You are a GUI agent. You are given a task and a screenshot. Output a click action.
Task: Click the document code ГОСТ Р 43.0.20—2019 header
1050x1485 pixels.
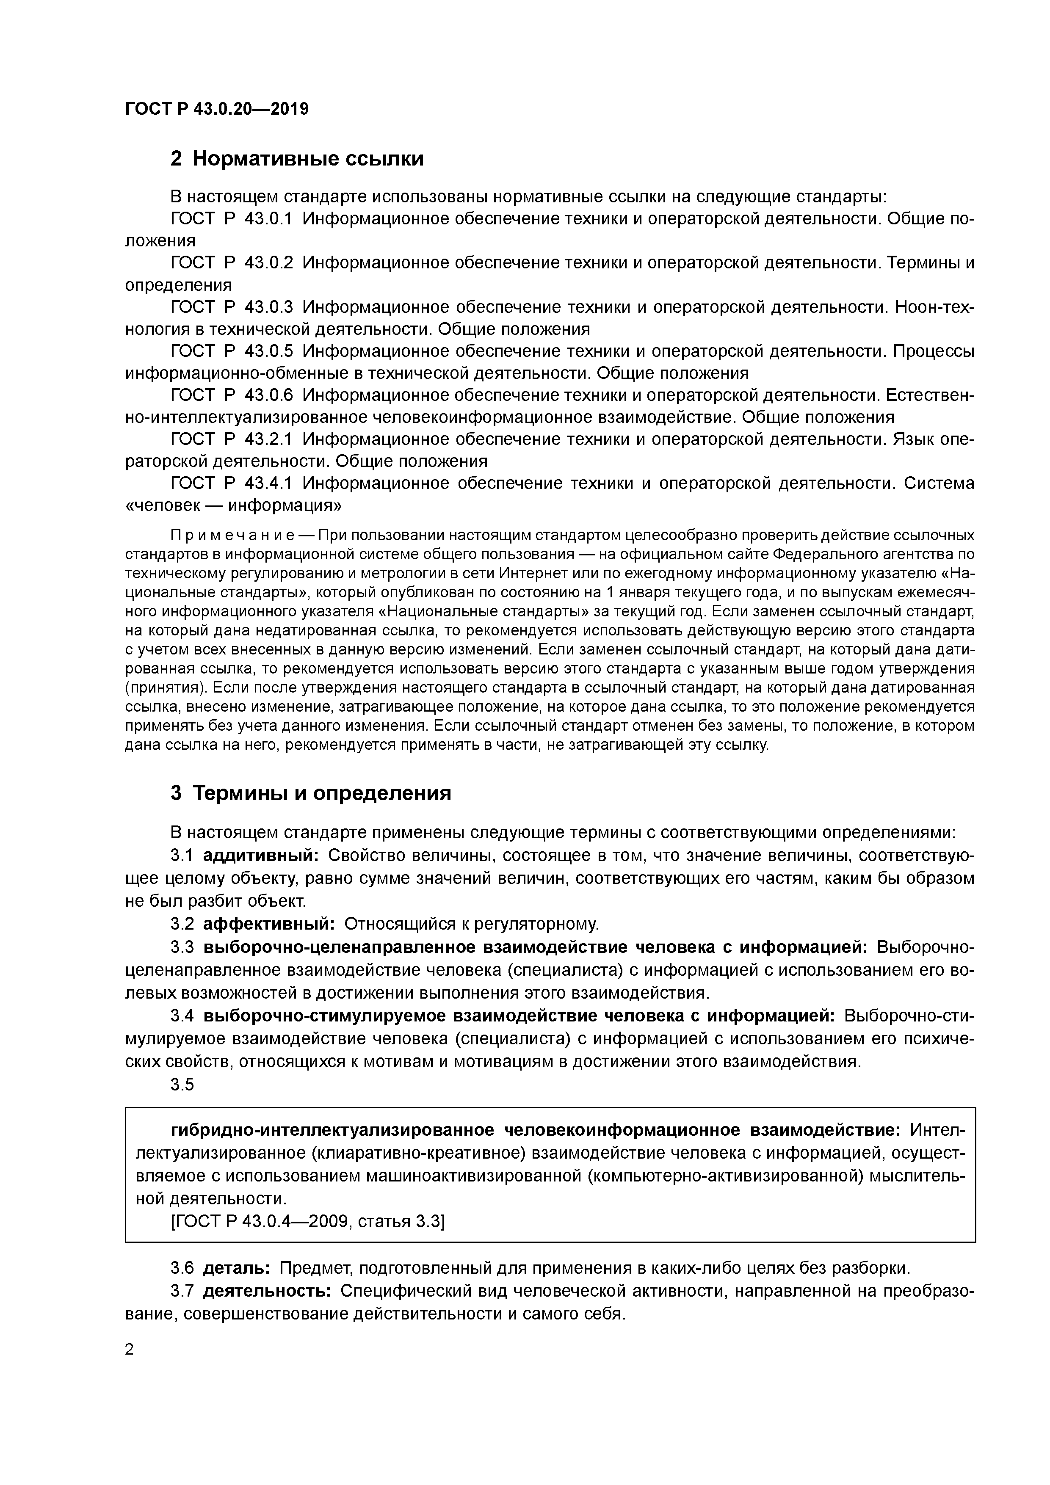pyautogui.click(x=217, y=109)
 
